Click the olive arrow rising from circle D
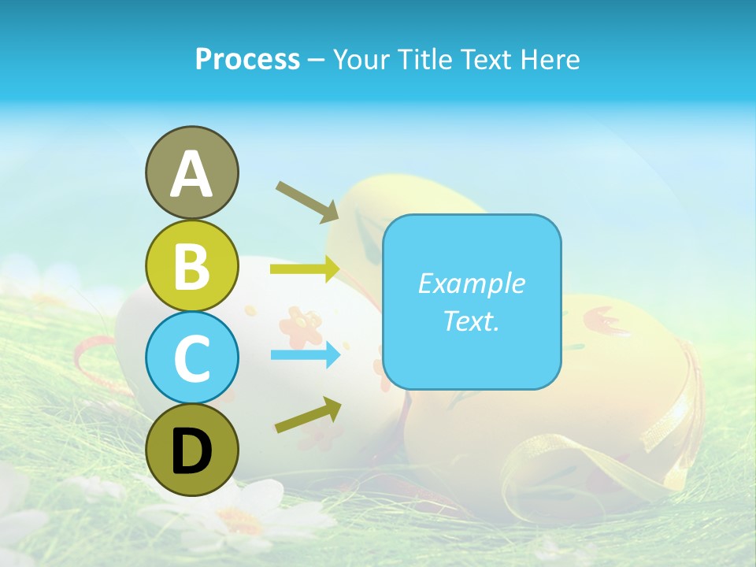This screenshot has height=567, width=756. pyautogui.click(x=308, y=415)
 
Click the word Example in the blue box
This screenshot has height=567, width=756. pyautogui.click(x=471, y=283)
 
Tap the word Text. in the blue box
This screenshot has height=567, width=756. pyautogui.click(x=471, y=321)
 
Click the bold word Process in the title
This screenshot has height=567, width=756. pyautogui.click(x=247, y=59)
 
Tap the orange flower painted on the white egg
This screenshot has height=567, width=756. pyautogui.click(x=300, y=324)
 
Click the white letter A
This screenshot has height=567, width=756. pyautogui.click(x=192, y=174)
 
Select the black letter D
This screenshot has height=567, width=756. pyautogui.click(x=192, y=451)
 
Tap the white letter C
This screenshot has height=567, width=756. pyautogui.click(x=192, y=359)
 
